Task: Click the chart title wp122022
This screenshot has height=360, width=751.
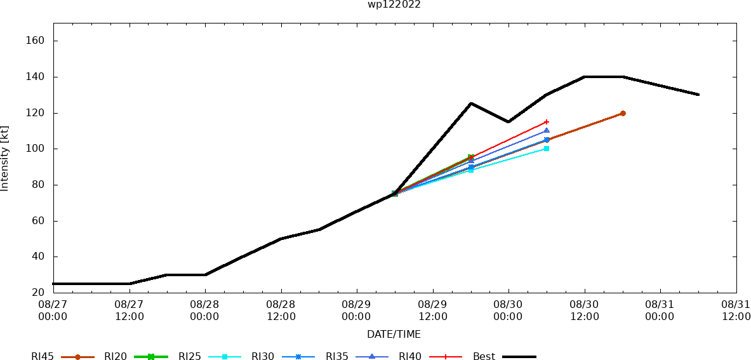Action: pyautogui.click(x=394, y=4)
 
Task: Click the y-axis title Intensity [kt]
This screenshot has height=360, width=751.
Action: pyautogui.click(x=5, y=158)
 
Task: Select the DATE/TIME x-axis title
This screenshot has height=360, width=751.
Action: pyautogui.click(x=394, y=334)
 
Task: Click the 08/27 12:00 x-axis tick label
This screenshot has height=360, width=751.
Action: pyautogui.click(x=129, y=310)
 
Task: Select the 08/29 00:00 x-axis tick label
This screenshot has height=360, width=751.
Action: pyautogui.click(x=356, y=310)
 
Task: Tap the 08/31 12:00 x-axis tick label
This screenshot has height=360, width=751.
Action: pyautogui.click(x=736, y=310)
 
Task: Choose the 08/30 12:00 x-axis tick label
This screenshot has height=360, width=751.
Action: pyautogui.click(x=584, y=310)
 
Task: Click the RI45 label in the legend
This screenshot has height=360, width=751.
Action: pyautogui.click(x=43, y=357)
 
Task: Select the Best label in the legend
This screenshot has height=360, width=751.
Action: pyautogui.click(x=484, y=357)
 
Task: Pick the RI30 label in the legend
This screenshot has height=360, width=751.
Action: pyautogui.click(x=263, y=357)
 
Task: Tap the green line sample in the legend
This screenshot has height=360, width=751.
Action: pyautogui.click(x=151, y=357)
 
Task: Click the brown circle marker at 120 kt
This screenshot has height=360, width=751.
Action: pyautogui.click(x=623, y=113)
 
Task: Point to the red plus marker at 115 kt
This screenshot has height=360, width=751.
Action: pyautogui.click(x=547, y=122)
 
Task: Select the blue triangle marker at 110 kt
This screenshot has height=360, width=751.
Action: pyautogui.click(x=547, y=131)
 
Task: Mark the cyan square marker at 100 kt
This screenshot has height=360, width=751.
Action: pyautogui.click(x=547, y=149)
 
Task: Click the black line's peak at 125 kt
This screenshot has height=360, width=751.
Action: pyautogui.click(x=470, y=103)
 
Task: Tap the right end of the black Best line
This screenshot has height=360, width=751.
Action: pyautogui.click(x=698, y=95)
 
